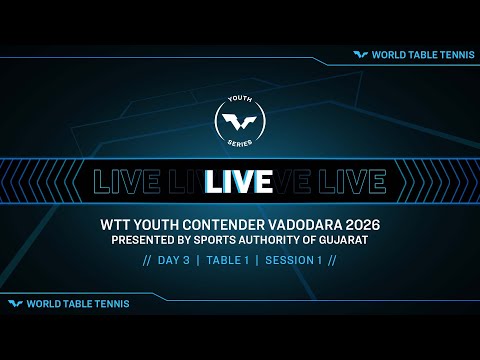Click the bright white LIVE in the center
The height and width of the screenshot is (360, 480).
(x=240, y=181)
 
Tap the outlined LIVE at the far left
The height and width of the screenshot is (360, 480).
(x=121, y=181)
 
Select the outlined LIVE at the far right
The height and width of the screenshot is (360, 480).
(x=356, y=181)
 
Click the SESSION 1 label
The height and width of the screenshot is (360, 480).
(x=295, y=261)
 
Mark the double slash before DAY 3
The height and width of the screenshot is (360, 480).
(x=148, y=261)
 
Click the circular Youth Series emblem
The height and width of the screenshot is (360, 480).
(x=240, y=123)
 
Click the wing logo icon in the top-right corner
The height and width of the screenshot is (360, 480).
(x=362, y=56)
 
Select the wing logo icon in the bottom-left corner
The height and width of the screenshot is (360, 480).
(x=15, y=303)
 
